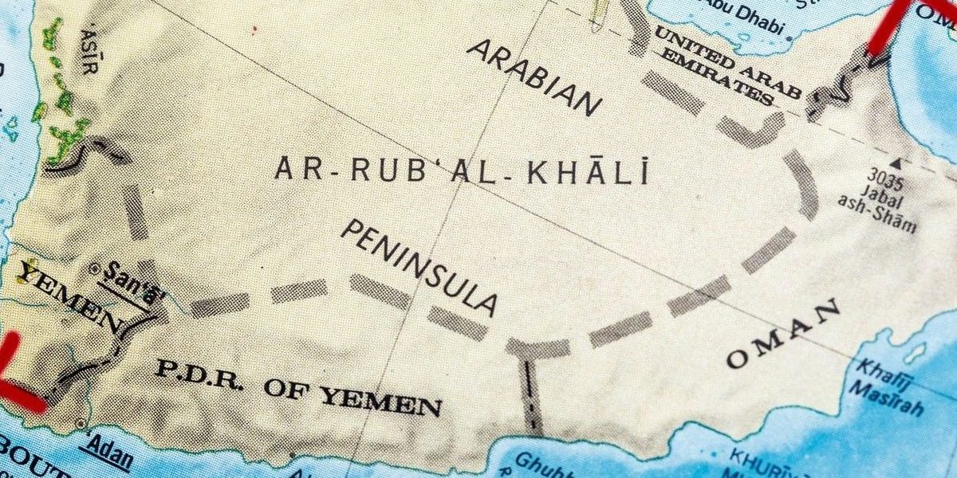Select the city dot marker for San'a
[x=96, y=268]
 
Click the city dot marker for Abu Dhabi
[x=790, y=37]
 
